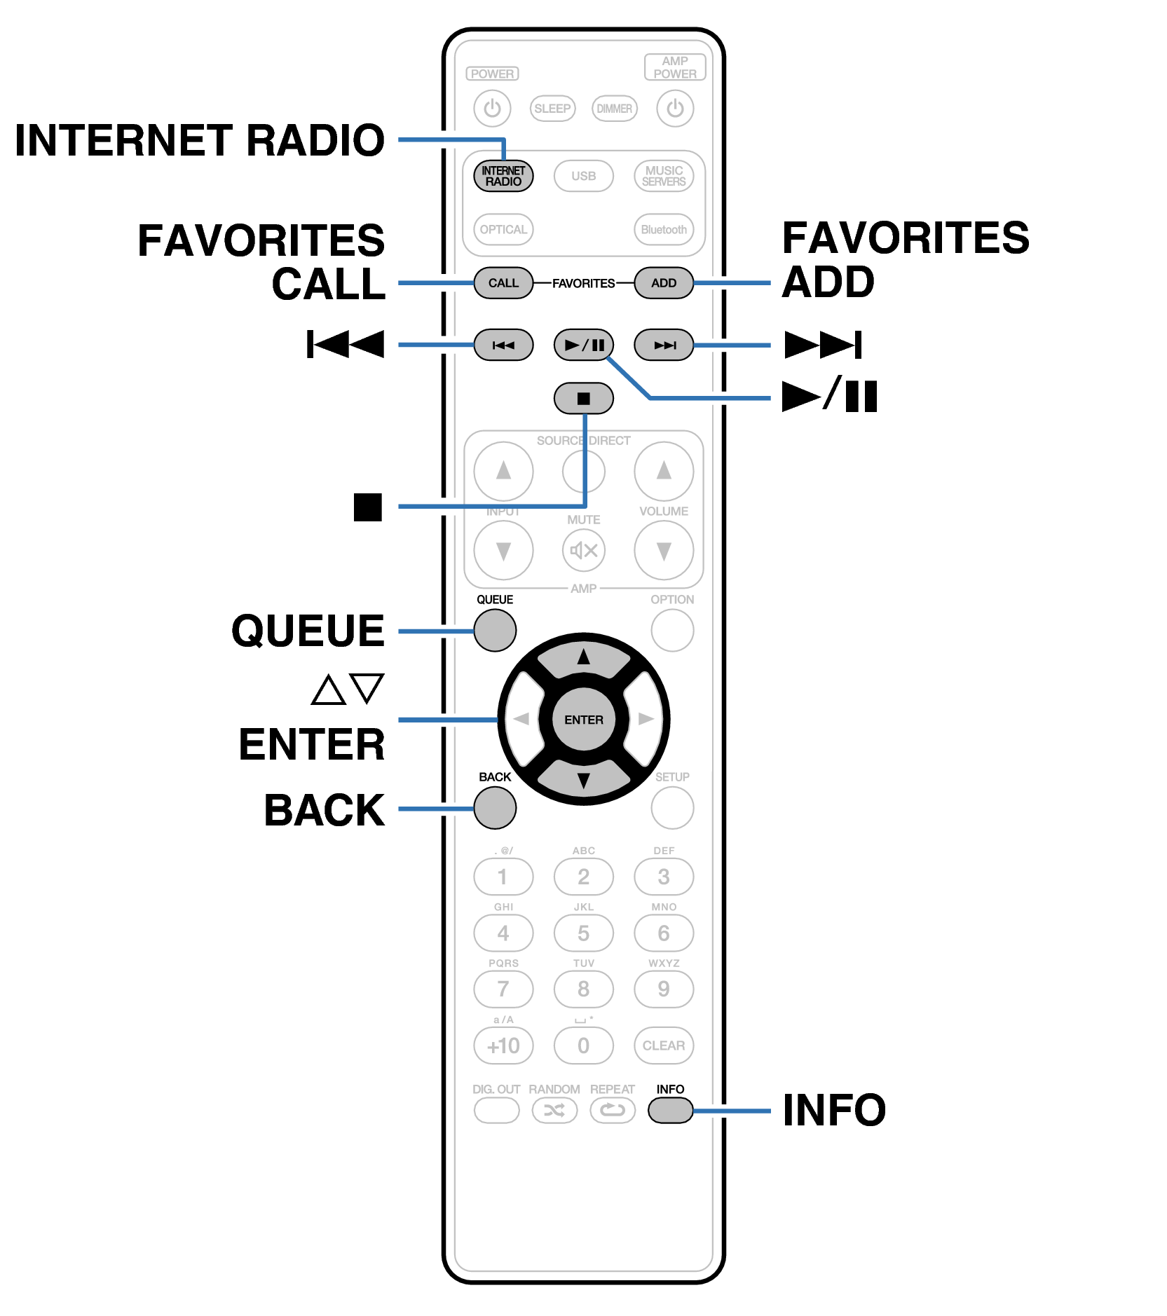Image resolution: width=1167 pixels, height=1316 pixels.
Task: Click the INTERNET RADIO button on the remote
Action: pos(503,176)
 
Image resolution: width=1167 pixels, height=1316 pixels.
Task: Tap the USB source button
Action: pos(583,176)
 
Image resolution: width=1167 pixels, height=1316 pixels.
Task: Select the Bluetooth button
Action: pos(663,230)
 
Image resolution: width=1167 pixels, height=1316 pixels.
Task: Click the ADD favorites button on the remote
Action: pos(663,283)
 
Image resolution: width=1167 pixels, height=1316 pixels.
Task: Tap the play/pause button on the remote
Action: pos(583,345)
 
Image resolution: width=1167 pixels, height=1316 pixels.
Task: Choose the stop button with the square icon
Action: pos(583,399)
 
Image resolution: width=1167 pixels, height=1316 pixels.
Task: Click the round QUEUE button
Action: pos(495,630)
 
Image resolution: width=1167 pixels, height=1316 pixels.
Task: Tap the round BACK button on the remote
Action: pos(495,807)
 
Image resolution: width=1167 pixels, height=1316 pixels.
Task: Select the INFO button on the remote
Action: pos(670,1110)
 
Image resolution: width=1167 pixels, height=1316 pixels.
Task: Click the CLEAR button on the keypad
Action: pos(663,1046)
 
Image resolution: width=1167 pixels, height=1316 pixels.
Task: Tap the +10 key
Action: pos(503,1046)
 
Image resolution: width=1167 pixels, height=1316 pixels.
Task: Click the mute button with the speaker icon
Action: pos(583,550)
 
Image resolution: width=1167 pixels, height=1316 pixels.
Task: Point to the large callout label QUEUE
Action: pos(308,631)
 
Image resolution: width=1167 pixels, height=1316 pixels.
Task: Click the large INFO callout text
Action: pos(834,1111)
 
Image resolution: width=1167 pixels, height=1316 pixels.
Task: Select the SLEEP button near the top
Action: pos(552,109)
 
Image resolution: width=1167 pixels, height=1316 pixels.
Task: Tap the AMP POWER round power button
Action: pos(674,109)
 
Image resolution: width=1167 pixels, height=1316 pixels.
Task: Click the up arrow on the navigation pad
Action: pos(583,658)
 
